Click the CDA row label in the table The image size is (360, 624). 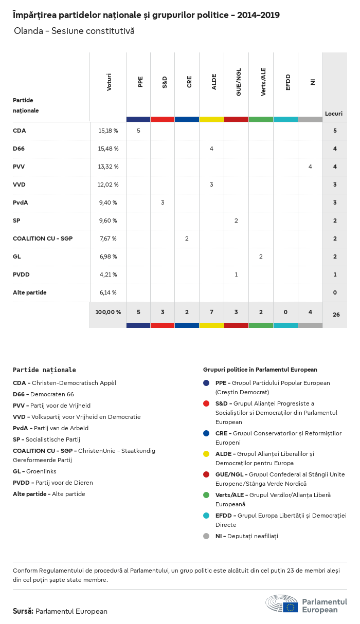[20, 131]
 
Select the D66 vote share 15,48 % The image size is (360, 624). [108, 149]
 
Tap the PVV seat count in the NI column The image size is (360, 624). [310, 167]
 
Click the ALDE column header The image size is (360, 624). [214, 83]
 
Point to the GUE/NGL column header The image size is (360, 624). [238, 83]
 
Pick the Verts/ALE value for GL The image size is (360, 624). [261, 256]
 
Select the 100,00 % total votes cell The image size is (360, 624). [108, 312]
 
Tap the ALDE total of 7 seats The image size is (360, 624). [211, 312]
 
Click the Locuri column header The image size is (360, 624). [334, 114]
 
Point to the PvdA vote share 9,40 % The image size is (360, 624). [108, 203]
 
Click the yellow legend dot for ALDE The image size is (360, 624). [206, 454]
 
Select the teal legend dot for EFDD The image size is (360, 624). [206, 516]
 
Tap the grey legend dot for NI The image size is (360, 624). [206, 536]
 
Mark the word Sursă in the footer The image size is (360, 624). [23, 611]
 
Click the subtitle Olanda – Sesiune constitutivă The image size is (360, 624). [74, 31]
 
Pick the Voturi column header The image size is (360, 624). [109, 83]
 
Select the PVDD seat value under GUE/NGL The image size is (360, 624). [236, 274]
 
